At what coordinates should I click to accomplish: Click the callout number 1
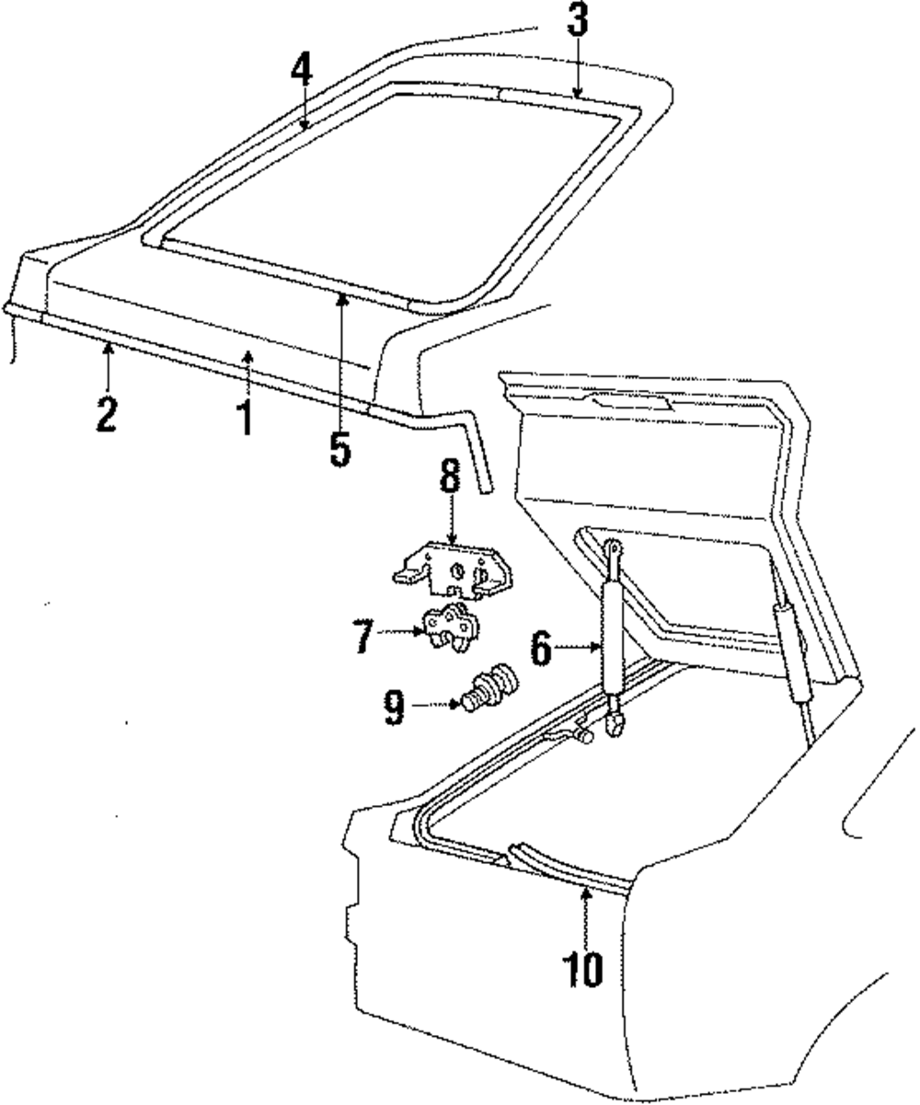(x=246, y=416)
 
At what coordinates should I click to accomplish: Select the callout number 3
(x=577, y=20)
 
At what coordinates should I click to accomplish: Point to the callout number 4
(x=302, y=69)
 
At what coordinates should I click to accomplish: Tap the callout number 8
(x=448, y=479)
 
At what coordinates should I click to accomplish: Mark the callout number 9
(x=394, y=707)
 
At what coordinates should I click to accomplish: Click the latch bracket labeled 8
(x=451, y=570)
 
